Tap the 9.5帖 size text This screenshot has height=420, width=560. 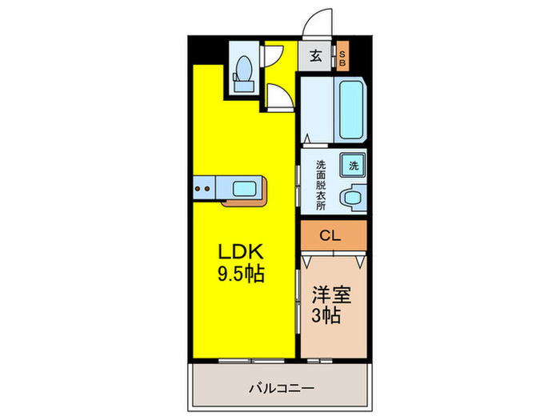pos(241,274)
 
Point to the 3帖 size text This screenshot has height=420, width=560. pos(327,315)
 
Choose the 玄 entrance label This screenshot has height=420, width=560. pos(316,56)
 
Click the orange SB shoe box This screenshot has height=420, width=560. pos(342,57)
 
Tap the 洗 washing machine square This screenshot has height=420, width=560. pos(352,166)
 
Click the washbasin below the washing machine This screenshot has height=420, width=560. pos(352,197)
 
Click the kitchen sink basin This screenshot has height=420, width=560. pos(246,189)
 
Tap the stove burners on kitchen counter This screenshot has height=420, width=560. pos(203,189)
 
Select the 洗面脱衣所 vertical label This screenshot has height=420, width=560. pos(321,185)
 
